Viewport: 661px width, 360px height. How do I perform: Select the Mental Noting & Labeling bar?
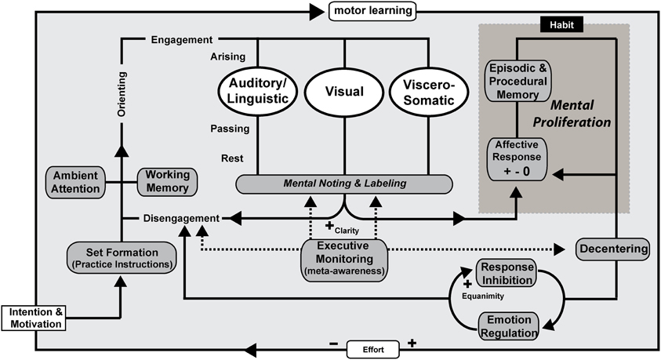(x=344, y=184)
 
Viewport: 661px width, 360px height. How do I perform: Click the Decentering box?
(x=613, y=249)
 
